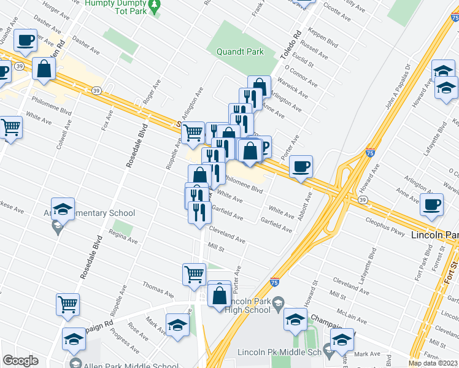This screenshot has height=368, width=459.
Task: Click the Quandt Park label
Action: coord(240,52)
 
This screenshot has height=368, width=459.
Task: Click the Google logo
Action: coord(20,361)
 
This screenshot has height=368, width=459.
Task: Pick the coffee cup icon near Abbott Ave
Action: coord(301,167)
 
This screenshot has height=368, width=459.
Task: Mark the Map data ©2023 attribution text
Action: coord(433,363)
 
